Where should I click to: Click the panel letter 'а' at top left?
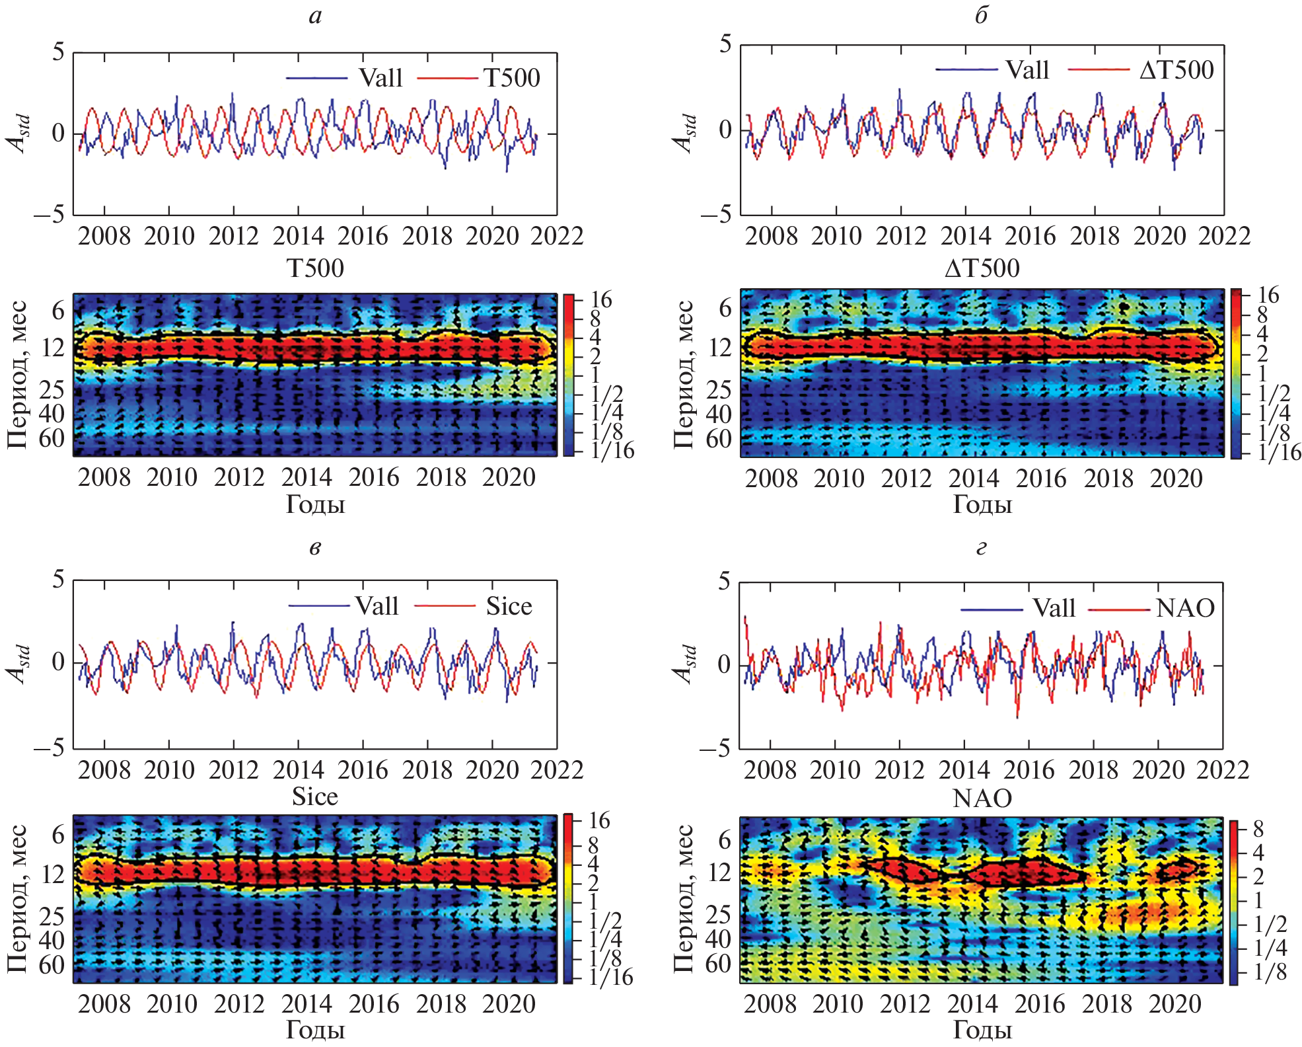(316, 16)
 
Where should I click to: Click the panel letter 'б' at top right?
(982, 16)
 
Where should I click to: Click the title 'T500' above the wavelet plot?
(315, 268)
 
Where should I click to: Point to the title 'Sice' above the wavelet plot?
(315, 796)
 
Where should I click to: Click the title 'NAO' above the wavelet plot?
(982, 798)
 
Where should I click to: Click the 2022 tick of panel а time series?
(557, 236)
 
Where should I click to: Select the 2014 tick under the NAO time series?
(964, 770)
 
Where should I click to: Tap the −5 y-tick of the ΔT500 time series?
(716, 214)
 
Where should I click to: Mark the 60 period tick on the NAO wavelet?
(719, 964)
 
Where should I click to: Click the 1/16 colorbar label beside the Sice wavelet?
(612, 977)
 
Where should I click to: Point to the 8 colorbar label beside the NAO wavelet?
(1258, 829)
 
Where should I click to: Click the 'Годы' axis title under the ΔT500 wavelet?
(982, 505)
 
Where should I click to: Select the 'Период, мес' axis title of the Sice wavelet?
(18, 899)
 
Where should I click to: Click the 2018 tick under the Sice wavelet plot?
(441, 1004)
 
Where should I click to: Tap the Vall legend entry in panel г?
(1054, 608)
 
